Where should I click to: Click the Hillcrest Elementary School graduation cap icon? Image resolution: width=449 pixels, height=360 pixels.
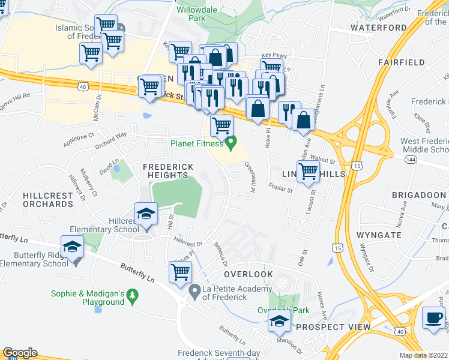click(x=145, y=215)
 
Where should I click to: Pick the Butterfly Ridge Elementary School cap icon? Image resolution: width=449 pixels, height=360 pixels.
click(x=71, y=247)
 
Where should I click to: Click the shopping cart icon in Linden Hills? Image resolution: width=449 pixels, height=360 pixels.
click(x=308, y=171)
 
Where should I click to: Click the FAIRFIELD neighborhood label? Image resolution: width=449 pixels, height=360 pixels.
click(x=402, y=62)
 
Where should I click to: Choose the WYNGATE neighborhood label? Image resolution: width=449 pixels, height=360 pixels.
click(x=378, y=235)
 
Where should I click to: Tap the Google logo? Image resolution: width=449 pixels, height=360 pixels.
click(x=20, y=353)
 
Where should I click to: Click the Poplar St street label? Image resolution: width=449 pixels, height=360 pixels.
click(x=280, y=191)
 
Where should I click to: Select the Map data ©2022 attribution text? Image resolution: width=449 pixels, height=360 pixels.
click(x=424, y=355)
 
